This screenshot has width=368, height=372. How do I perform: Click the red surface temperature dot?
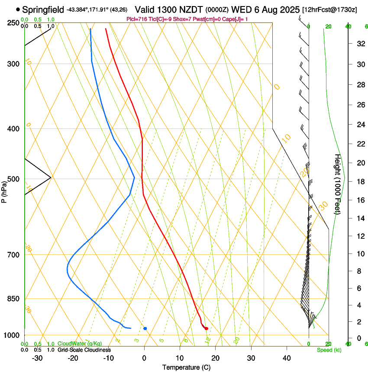[206, 329]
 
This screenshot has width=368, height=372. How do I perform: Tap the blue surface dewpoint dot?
[145, 328]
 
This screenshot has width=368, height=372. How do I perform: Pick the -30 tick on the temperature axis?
[37, 358]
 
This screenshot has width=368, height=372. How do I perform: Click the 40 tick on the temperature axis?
[286, 358]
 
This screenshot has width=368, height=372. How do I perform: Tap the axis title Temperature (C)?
[186, 367]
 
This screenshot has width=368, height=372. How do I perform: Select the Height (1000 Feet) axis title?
[338, 184]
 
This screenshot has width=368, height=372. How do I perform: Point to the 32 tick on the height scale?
[360, 44]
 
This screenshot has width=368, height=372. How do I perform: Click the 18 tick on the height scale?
[360, 181]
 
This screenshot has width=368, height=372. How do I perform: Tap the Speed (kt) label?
[329, 350]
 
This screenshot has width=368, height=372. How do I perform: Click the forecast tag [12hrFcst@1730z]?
[329, 10]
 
